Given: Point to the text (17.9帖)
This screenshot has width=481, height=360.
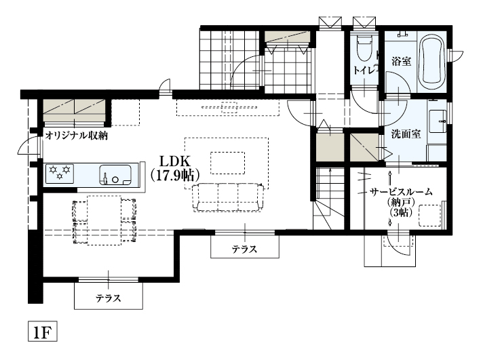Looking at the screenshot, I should [174, 174].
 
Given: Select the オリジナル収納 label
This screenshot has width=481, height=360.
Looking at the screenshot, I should [77, 136].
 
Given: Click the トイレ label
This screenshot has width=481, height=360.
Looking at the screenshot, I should [364, 70].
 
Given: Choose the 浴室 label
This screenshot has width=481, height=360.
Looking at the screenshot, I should [401, 61].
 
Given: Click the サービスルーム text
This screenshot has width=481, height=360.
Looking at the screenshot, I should [401, 192].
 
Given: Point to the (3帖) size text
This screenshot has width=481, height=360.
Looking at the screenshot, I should [400, 212].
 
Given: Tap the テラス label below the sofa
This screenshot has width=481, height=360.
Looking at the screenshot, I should [244, 249].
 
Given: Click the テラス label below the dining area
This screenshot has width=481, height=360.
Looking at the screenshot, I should [109, 297].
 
